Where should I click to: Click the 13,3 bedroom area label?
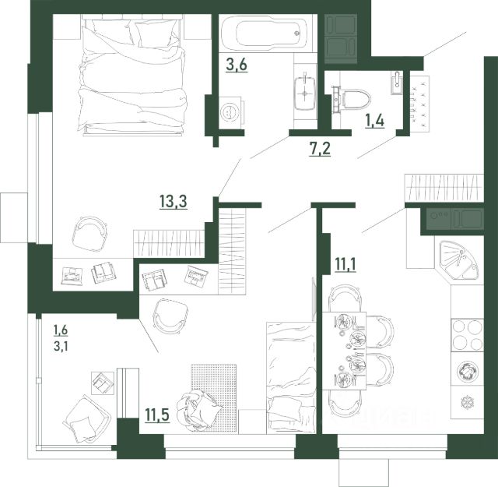pos(174,202)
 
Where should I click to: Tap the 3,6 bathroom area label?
pos(237,65)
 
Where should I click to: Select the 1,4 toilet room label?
pos(375,122)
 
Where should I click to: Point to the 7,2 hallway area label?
pos(320,149)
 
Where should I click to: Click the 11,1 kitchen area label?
pos(345,265)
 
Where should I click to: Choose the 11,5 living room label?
pos(157,415)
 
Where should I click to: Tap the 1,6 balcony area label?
pos(61,330)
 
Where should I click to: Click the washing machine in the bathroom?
pos(231,113)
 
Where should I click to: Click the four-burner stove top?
pos(467,335)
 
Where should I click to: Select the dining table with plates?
pos(344,351)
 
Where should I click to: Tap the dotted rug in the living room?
pos(213,398)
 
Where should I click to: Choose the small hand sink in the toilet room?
pos(396,83)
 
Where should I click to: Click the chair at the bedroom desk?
pos(90,234)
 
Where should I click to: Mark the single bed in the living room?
pos(291,378)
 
